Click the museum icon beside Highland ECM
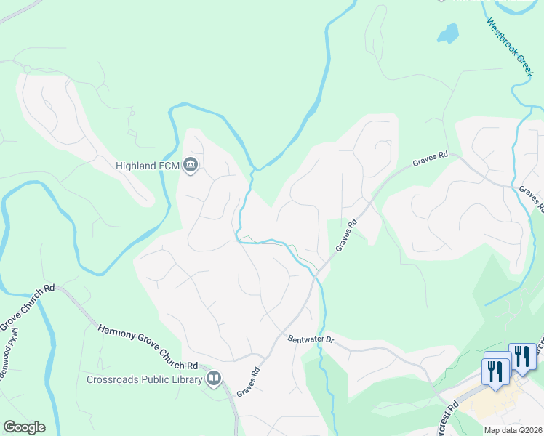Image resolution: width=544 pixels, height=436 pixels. pyautogui.click(x=191, y=166)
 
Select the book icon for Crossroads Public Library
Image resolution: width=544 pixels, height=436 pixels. pyautogui.click(x=214, y=378)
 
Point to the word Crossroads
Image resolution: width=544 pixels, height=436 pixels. pyautogui.click(x=113, y=379)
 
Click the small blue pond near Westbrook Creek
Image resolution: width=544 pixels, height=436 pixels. pyautogui.click(x=447, y=33)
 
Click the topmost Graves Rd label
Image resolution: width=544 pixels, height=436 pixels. pyautogui.click(x=431, y=158)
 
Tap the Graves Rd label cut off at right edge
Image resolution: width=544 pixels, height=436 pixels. pyautogui.click(x=532, y=198)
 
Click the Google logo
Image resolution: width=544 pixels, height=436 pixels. pyautogui.click(x=24, y=427)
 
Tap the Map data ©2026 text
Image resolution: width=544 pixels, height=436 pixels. pyautogui.click(x=513, y=430)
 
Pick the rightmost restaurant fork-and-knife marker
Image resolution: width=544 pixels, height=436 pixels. pyautogui.click(x=522, y=356)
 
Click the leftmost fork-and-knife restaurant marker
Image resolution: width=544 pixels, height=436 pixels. pyautogui.click(x=497, y=371)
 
